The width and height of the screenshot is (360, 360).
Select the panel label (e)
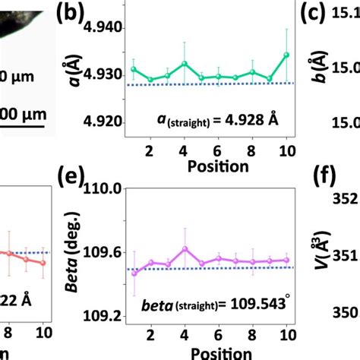[x=71, y=180]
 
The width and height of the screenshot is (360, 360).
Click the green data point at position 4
[x=185, y=64]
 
